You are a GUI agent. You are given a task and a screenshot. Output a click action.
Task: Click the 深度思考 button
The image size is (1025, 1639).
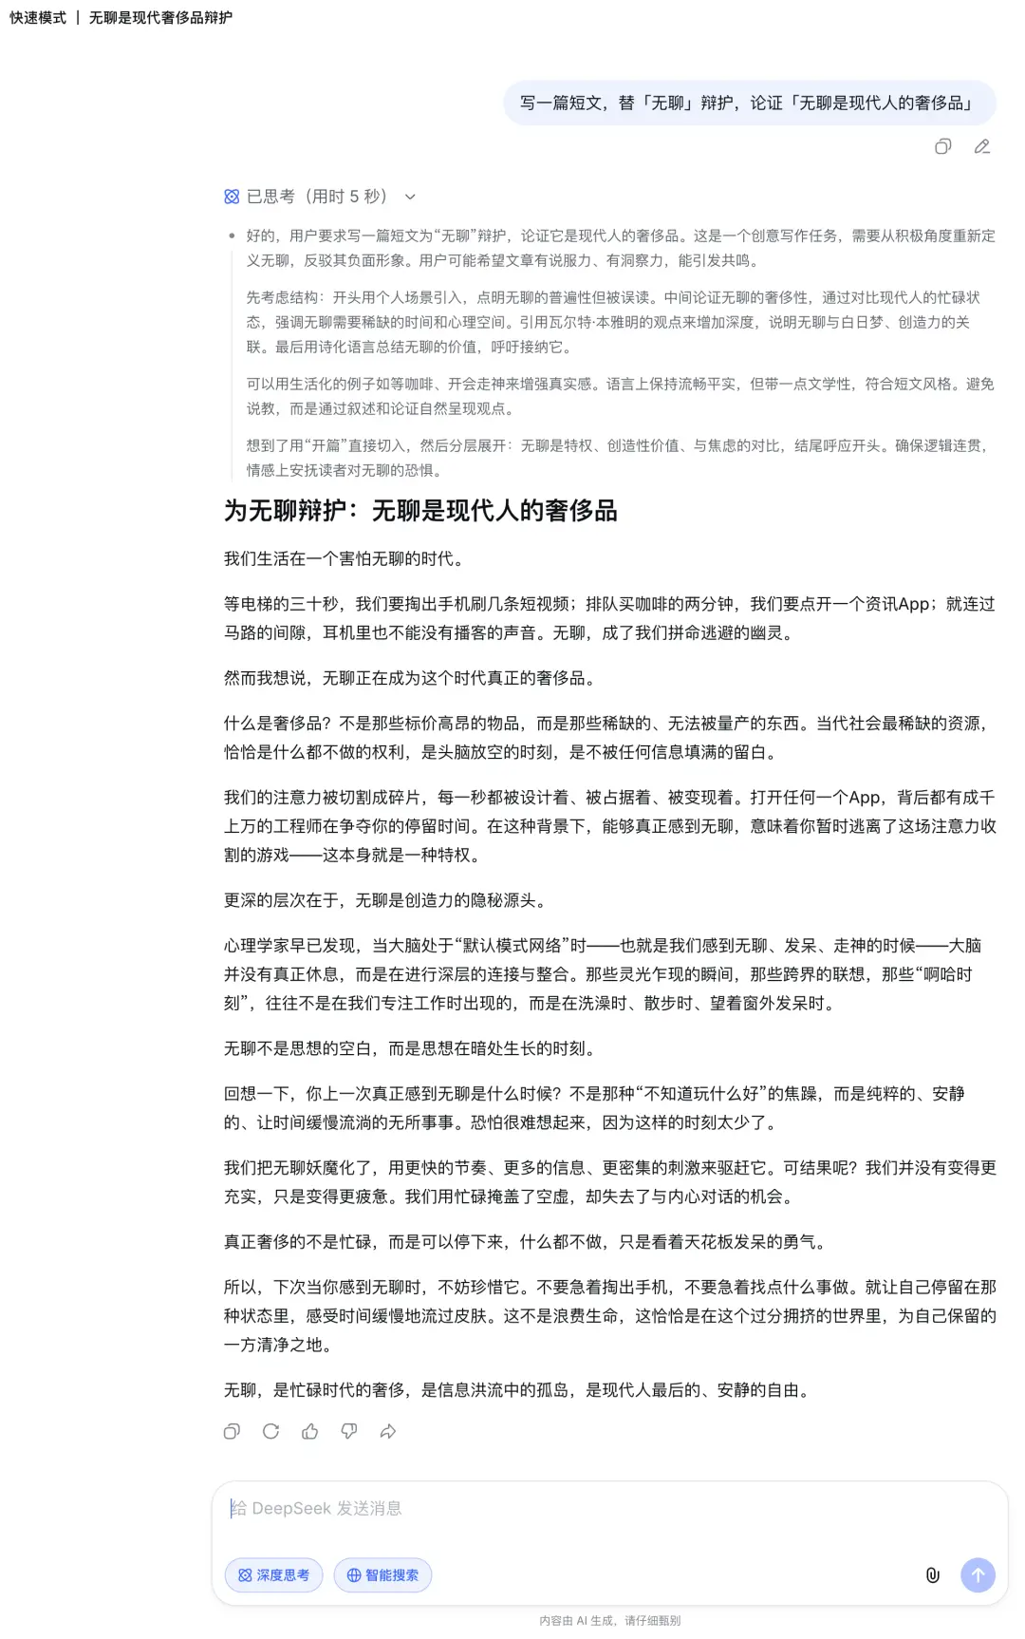[x=273, y=1574]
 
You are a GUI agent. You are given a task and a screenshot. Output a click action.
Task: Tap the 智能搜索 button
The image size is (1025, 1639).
[x=382, y=1574]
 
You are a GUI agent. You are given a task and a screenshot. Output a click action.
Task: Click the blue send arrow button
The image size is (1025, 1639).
[x=978, y=1574]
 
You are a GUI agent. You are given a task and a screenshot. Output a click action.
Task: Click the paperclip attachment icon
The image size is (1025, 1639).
[x=932, y=1574]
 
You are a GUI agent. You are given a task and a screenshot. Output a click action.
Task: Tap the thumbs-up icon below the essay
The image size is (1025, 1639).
[x=309, y=1431]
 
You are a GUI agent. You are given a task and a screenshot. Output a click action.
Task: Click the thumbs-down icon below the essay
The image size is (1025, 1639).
[x=349, y=1431]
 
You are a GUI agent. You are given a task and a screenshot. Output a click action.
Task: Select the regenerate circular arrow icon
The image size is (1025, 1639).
[x=270, y=1431]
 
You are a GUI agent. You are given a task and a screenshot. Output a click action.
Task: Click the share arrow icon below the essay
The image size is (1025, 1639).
[x=388, y=1431]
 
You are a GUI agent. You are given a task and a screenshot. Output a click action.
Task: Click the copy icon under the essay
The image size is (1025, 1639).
[x=232, y=1431]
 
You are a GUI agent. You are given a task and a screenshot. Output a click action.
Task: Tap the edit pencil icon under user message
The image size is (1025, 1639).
[x=982, y=146]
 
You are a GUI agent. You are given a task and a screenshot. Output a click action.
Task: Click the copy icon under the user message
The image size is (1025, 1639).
[x=942, y=146]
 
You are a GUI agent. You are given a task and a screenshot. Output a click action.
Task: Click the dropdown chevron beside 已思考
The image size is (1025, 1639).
[x=410, y=197]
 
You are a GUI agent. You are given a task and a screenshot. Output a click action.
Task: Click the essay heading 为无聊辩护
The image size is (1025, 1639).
[x=420, y=511]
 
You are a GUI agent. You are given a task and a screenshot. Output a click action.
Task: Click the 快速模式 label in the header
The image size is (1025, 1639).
[x=38, y=17]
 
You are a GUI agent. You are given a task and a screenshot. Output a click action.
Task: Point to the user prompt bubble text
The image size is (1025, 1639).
[x=749, y=103]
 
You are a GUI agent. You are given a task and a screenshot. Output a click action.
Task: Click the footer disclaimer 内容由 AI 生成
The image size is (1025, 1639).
[x=609, y=1621]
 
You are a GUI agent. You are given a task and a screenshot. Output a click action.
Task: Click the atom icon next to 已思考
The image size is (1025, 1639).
[x=232, y=197]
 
